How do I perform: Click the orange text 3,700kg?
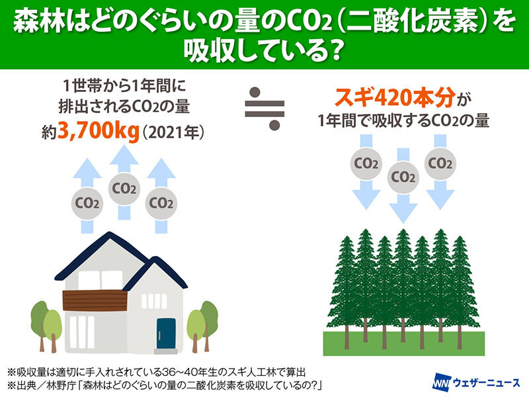99,132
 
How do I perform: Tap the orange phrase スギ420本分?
395,97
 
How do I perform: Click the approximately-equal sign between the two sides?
264,109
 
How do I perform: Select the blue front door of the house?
166,333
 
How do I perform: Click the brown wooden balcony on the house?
95,300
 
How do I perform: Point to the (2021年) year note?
173,133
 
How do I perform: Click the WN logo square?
441,382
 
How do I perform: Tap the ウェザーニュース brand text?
486,382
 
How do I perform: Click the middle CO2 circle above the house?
124,189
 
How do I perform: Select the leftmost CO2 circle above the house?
87,203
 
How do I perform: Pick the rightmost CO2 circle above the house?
161,203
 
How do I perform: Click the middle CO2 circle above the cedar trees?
403,177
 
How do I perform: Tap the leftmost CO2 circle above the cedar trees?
366,163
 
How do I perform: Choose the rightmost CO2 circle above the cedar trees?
440,163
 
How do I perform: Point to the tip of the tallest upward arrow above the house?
124,145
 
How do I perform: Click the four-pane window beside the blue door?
154,301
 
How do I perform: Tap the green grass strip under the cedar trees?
404,343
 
